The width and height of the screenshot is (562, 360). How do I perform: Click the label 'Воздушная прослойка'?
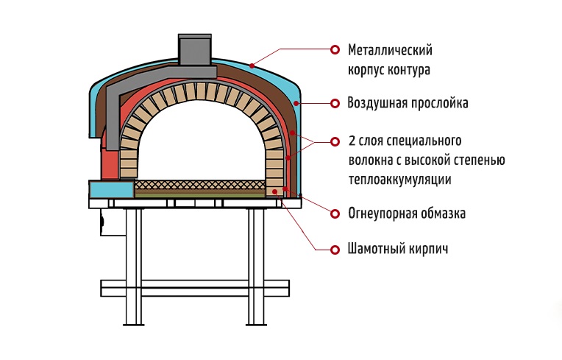(x=408, y=103)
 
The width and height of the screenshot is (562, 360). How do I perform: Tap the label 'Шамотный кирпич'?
(x=398, y=249)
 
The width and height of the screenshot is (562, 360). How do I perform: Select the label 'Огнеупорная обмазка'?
(x=407, y=214)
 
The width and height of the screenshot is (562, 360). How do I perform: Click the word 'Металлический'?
(x=390, y=51)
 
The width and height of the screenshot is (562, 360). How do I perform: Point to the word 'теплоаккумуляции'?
(x=399, y=180)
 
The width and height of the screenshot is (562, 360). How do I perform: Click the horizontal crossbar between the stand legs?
(x=196, y=286)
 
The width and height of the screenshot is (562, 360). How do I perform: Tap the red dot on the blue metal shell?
(x=252, y=65)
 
